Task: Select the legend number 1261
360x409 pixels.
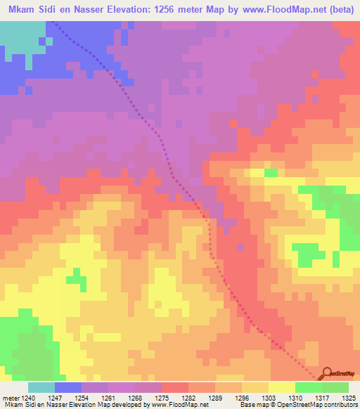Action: (x=109, y=397)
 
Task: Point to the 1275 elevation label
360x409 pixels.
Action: (x=162, y=397)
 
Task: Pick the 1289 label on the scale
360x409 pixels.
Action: (x=216, y=397)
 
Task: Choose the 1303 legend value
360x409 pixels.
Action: (x=269, y=397)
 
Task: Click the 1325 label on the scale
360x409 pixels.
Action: (x=349, y=397)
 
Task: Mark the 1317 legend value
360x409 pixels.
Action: (x=322, y=397)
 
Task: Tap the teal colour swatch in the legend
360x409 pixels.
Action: (x=41, y=387)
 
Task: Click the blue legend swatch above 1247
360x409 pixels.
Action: (x=68, y=387)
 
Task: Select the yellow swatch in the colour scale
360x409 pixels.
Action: (x=282, y=387)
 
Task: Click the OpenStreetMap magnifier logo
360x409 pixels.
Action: (x=326, y=374)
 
